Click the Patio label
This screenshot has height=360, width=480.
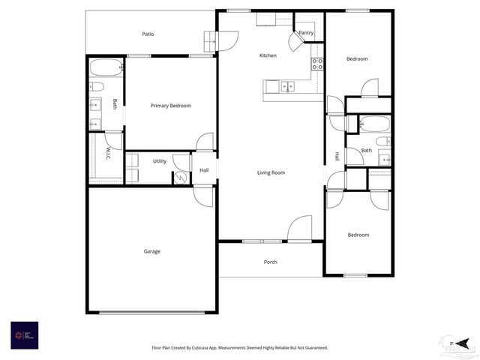click(x=148, y=34)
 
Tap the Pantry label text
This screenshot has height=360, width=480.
click(x=305, y=33)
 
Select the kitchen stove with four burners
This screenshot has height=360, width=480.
click(x=317, y=64)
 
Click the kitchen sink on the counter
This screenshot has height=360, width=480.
click(x=288, y=87)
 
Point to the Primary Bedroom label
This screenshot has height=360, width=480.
click(x=170, y=106)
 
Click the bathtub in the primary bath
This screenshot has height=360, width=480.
click(x=105, y=68)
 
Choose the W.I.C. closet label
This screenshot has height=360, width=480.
click(x=108, y=152)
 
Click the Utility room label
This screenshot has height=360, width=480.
click(x=160, y=161)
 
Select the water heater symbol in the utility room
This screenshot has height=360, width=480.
click(x=180, y=178)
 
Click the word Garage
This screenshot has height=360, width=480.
click(x=151, y=251)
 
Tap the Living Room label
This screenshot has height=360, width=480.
click(x=271, y=172)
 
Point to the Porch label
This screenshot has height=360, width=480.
click(x=271, y=262)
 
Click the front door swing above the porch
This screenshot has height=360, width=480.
click(x=300, y=229)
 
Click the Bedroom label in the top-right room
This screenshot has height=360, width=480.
click(x=357, y=58)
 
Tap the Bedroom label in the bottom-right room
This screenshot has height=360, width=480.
click(x=358, y=235)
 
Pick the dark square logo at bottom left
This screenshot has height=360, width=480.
click(x=24, y=334)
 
